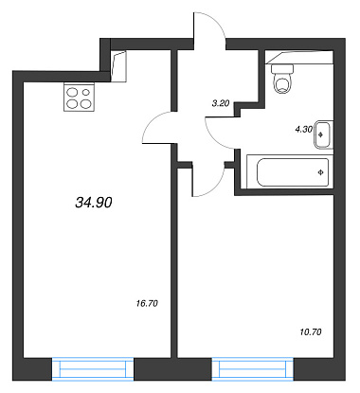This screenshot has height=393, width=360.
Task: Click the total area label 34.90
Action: click(94, 203)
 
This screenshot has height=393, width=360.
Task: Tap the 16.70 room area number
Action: click(147, 304)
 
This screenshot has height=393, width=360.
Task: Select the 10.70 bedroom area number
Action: click(311, 332)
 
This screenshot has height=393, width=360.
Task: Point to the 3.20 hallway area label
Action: click(221, 103)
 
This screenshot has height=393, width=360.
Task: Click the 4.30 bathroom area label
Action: click(304, 129)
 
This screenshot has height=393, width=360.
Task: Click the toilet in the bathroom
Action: click(282, 80)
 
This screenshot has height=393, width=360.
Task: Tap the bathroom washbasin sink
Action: click(324, 134)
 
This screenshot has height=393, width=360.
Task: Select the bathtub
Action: click(290, 172)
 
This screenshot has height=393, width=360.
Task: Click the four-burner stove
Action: click(80, 97)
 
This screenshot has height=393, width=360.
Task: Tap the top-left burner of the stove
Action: click(73, 92)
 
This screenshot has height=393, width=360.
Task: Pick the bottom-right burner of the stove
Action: click(86, 103)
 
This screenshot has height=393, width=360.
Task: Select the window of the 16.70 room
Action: click(93, 368)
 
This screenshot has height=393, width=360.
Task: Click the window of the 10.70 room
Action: click(253, 368)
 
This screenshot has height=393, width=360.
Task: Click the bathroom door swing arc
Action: click(212, 137)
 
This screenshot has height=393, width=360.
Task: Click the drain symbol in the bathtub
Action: click(321, 172)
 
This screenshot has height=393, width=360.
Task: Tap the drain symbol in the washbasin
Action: click(321, 134)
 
